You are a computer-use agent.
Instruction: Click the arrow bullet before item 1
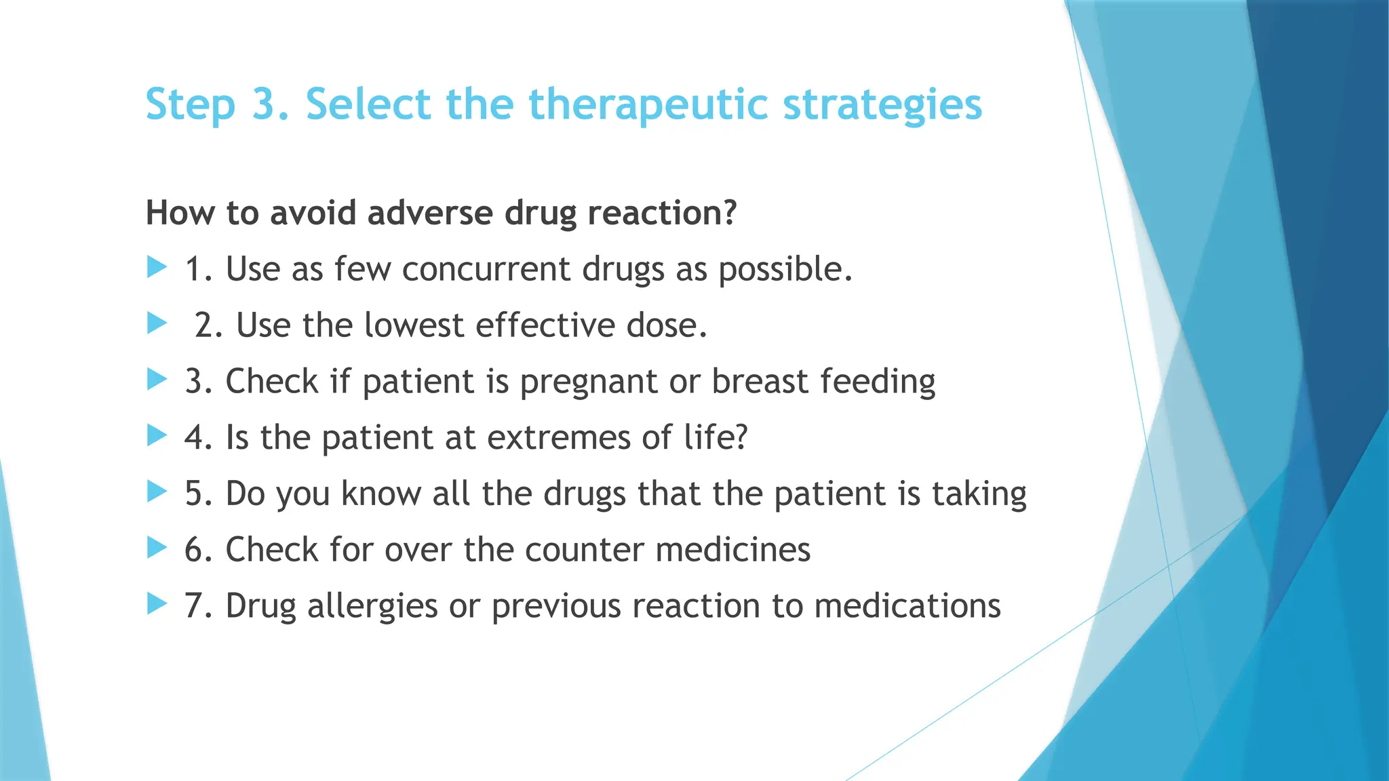[x=157, y=267]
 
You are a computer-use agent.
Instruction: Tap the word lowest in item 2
[x=413, y=325]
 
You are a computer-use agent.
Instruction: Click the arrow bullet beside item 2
[x=157, y=323]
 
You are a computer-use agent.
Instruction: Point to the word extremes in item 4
[x=559, y=437]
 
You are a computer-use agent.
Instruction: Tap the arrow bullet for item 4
[x=157, y=435]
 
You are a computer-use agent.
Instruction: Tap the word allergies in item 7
[x=372, y=606]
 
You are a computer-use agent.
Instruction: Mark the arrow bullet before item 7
[x=157, y=603]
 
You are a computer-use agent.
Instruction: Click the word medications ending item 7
[x=907, y=606]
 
